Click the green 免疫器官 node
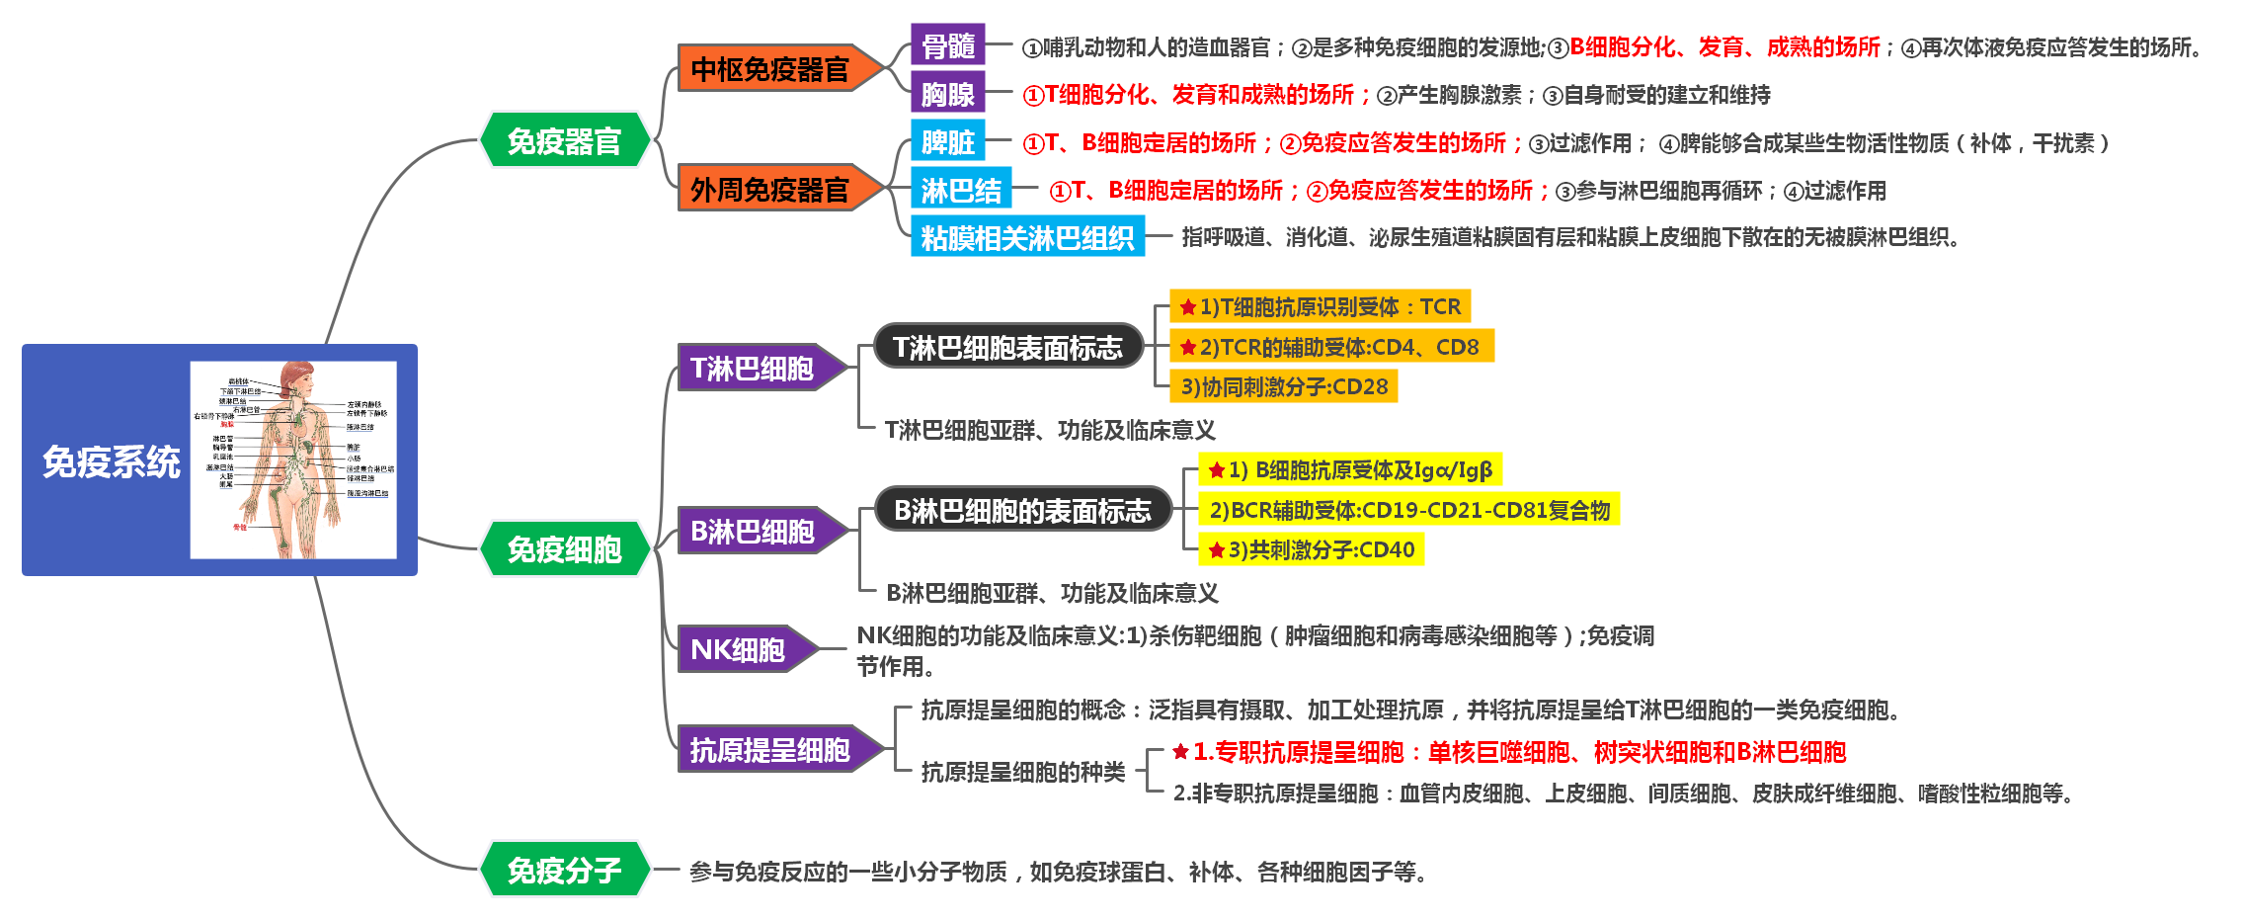point(564,140)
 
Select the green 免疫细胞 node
point(564,548)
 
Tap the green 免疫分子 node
point(564,870)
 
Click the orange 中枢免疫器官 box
point(769,69)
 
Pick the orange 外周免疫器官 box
point(769,189)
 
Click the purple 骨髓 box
point(947,45)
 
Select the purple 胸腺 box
point(947,94)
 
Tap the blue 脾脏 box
point(947,141)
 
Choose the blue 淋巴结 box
point(960,190)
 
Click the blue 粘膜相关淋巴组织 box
point(1027,237)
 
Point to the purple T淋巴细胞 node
point(753,368)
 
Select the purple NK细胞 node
point(739,649)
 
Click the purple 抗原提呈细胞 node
point(770,750)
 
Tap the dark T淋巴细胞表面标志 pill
point(1007,347)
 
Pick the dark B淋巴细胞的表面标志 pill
point(1022,510)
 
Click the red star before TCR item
point(1188,307)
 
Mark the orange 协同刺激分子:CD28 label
point(1284,386)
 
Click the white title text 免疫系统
point(111,461)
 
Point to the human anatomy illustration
point(293,460)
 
